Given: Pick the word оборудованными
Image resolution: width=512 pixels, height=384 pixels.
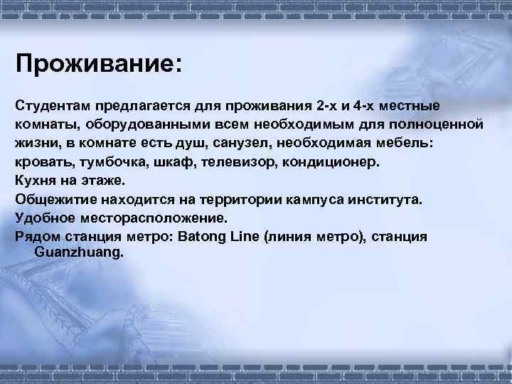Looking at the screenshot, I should [149, 124].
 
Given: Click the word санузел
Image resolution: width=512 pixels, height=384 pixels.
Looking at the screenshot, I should [240, 143].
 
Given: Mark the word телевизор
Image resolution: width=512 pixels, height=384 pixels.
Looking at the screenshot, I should [238, 161].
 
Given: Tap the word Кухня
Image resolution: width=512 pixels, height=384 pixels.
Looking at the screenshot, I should [36, 180].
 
